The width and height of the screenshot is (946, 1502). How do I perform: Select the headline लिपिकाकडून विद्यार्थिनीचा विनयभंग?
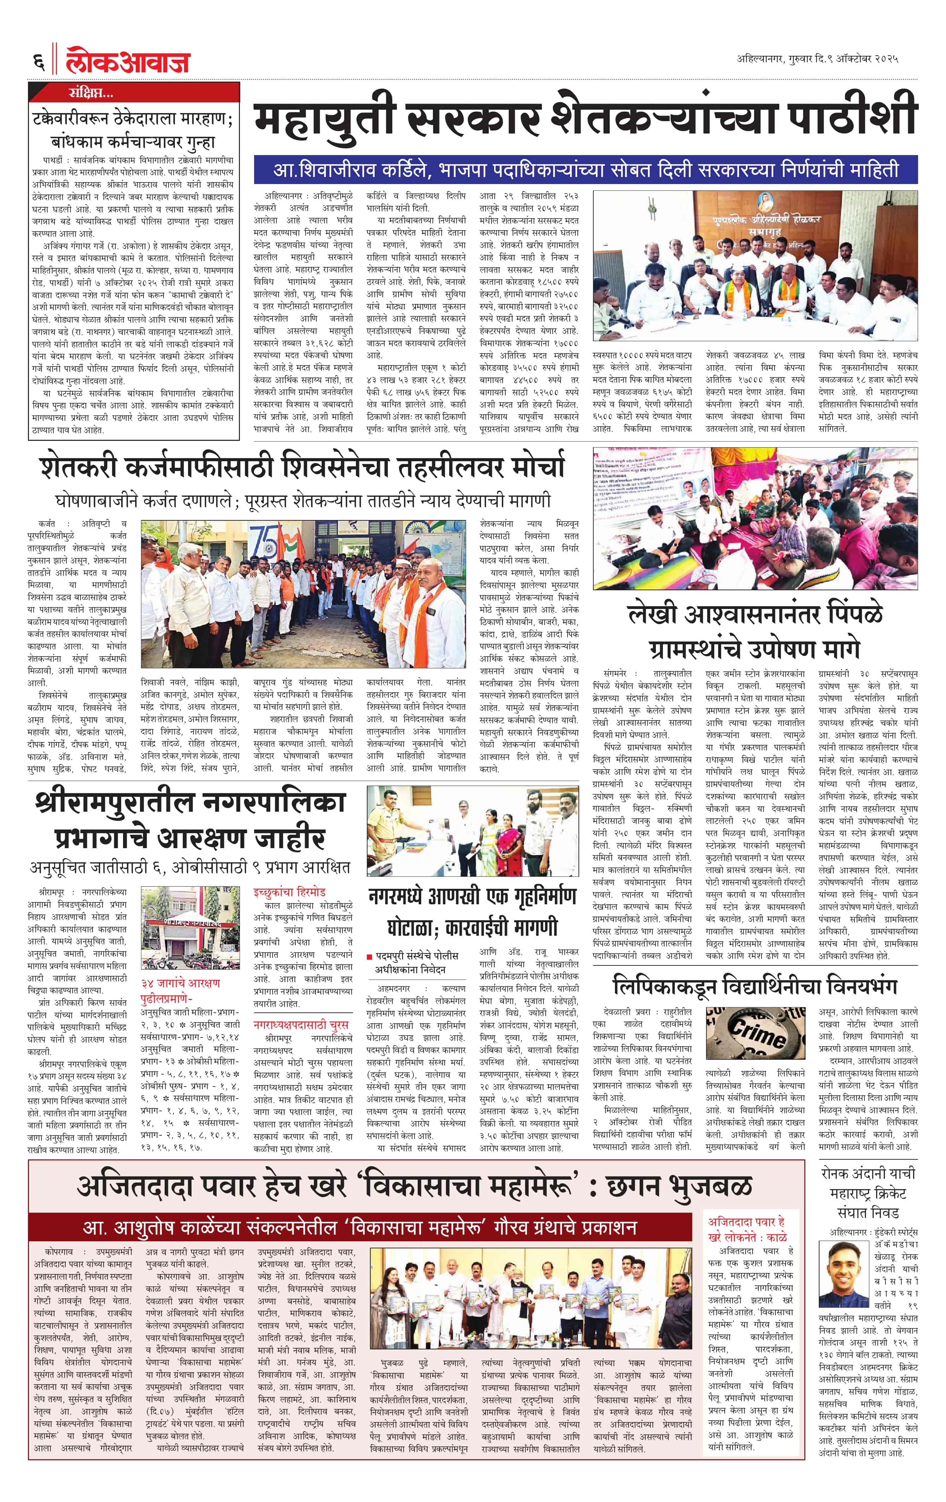755,986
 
